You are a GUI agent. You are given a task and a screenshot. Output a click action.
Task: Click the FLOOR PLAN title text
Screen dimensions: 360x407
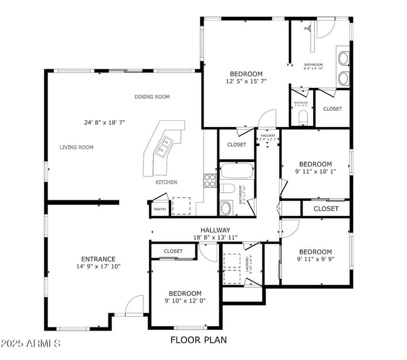[198, 341]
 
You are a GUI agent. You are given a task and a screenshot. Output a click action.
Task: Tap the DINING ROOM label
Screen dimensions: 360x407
[152, 97]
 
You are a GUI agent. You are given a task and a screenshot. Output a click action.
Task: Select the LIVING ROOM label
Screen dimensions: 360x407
[76, 148]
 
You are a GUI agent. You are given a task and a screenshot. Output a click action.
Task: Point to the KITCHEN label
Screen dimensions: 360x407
[166, 182]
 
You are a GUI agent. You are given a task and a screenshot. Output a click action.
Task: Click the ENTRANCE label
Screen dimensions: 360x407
[98, 259]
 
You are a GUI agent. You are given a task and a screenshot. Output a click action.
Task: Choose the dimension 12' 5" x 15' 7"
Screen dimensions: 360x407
[245, 81]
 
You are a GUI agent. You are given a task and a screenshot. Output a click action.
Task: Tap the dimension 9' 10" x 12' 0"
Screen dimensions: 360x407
[185, 301]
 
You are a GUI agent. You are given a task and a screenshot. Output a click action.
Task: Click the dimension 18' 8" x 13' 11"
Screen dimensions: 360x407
[215, 238]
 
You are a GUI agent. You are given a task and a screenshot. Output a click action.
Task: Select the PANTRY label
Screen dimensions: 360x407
[160, 209]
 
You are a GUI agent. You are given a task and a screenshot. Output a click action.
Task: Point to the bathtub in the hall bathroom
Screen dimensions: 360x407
[236, 171]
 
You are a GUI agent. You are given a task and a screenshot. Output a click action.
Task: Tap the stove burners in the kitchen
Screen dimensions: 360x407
[210, 180]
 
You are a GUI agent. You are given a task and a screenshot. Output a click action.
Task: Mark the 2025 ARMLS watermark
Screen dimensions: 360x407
[31, 344]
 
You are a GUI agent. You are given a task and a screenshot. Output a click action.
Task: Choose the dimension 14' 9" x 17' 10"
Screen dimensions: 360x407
[98, 267]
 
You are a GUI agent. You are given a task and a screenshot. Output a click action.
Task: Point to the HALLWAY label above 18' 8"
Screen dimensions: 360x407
[215, 230]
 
